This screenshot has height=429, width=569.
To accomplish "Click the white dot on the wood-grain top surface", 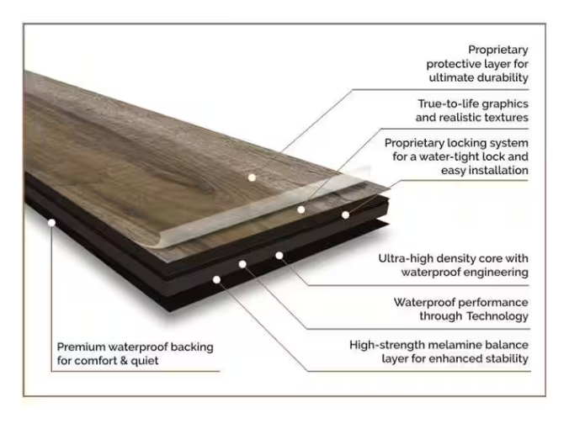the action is tap(252, 177).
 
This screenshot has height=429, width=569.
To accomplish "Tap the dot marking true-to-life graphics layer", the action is tap(300, 209).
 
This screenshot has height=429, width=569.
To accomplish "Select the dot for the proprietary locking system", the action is tap(345, 215).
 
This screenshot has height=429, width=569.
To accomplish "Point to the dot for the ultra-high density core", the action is tap(279, 256).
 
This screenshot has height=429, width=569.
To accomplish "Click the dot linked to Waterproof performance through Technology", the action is tap(242, 264).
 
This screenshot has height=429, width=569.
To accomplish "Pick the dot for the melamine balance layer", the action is tap(216, 279).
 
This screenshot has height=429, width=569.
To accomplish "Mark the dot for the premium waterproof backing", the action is tap(52, 223).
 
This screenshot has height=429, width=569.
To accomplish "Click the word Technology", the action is tap(497, 316).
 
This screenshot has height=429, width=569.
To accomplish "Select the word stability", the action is tap(507, 358).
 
